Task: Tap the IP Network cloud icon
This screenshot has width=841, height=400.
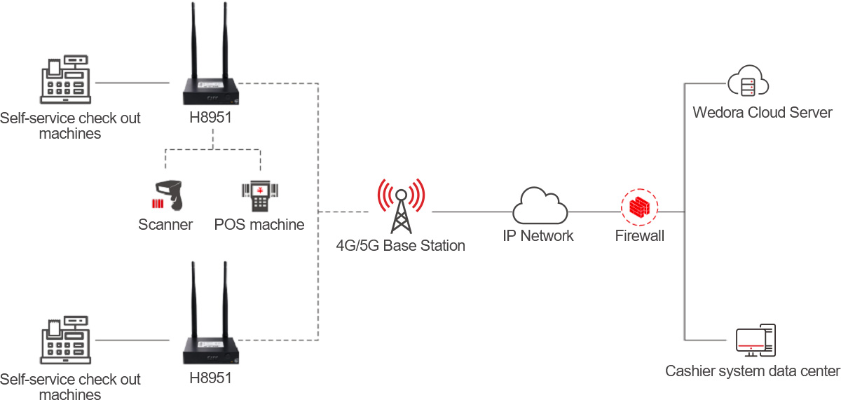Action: pyautogui.click(x=540, y=205)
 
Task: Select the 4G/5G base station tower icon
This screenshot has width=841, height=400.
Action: pyautogui.click(x=400, y=206)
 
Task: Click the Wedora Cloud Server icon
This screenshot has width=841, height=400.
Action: pyautogui.click(x=748, y=83)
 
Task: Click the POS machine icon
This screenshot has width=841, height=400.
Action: pyautogui.click(x=259, y=195)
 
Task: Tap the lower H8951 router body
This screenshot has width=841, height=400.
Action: pyautogui.click(x=212, y=349)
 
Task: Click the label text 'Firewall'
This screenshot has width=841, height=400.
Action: pyautogui.click(x=639, y=236)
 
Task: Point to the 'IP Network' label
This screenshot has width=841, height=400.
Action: pyautogui.click(x=538, y=236)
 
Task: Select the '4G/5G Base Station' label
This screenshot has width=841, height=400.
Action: pyautogui.click(x=400, y=246)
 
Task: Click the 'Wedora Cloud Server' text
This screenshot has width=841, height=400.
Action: pyautogui.click(x=762, y=113)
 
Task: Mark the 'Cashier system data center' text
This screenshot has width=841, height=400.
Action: pyautogui.click(x=752, y=371)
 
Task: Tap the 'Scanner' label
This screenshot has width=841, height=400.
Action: pyautogui.click(x=165, y=225)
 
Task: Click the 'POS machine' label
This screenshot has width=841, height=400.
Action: pyautogui.click(x=259, y=225)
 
